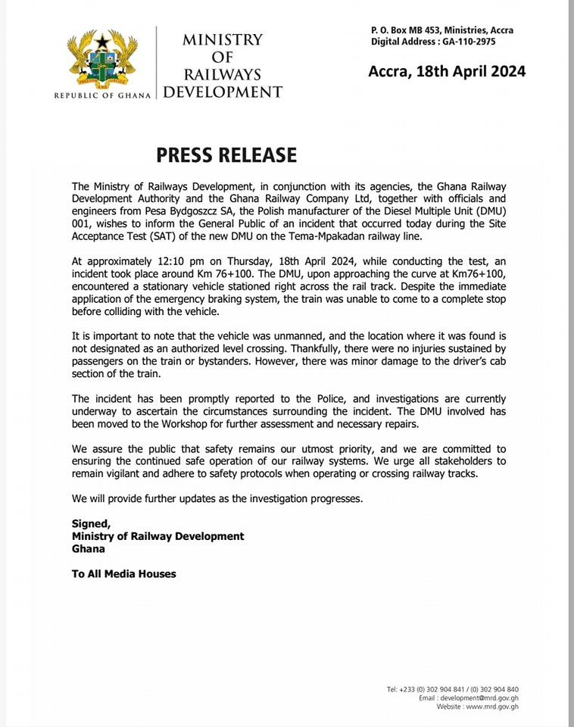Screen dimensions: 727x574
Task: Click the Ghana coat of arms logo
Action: tap(102, 61)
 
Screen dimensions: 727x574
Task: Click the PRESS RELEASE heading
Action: tap(226, 155)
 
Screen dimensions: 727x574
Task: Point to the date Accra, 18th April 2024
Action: tap(447, 72)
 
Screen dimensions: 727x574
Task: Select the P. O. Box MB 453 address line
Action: tap(441, 30)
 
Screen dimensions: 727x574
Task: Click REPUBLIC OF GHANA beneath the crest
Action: tap(102, 95)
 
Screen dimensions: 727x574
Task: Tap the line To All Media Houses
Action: tap(123, 574)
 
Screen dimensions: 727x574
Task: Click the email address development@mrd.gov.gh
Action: tap(479, 698)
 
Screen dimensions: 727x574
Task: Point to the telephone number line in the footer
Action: tap(453, 689)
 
